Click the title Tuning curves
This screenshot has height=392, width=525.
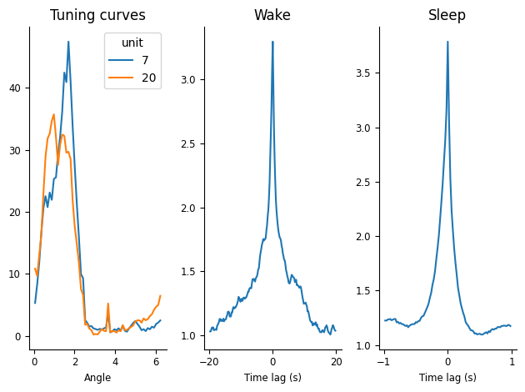click(x=97, y=15)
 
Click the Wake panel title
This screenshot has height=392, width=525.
click(x=272, y=15)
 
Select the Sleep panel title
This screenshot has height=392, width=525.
click(x=447, y=15)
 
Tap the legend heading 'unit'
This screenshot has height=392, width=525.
click(x=132, y=43)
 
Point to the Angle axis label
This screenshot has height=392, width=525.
click(x=97, y=378)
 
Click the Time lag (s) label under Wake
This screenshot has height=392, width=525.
click(x=272, y=378)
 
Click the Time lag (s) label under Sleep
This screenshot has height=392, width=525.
click(x=447, y=378)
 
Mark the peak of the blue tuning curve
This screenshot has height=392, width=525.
click(x=68, y=42)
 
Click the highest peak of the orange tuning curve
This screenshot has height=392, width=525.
click(x=54, y=114)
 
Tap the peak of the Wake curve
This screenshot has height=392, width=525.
click(x=272, y=42)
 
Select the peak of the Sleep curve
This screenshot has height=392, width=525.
click(x=447, y=42)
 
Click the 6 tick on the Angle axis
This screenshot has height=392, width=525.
click(x=156, y=362)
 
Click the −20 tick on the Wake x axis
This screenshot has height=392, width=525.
click(x=209, y=362)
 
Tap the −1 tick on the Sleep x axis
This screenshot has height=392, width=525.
click(x=383, y=362)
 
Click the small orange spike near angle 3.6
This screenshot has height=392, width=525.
click(x=108, y=304)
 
